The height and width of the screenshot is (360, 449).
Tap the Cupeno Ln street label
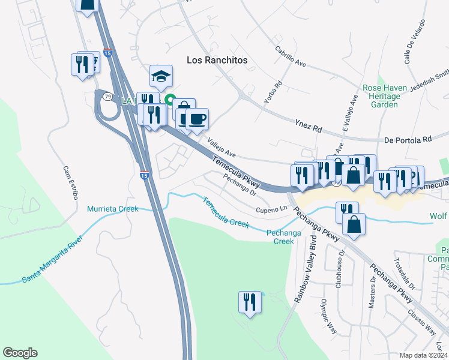tap(272, 210)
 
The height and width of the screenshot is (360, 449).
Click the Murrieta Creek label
tap(113, 209)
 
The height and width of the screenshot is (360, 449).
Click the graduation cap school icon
tap(161, 76)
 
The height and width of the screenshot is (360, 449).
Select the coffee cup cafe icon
tap(197, 118)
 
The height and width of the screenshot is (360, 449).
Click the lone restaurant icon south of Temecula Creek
tap(250, 302)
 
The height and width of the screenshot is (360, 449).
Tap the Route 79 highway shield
tap(106, 96)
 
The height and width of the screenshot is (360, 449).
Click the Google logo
tap(20, 353)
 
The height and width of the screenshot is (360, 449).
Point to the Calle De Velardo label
tap(415, 41)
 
